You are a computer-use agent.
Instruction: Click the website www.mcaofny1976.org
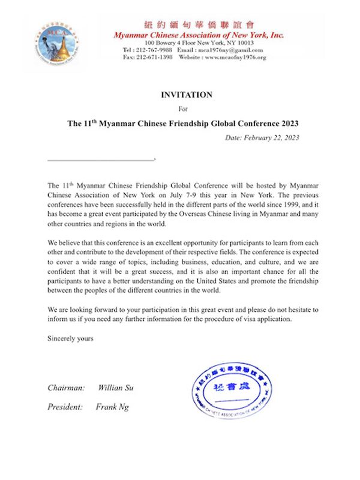(x=235, y=58)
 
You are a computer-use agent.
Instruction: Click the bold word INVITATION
(x=186, y=95)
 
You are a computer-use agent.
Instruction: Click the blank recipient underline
(x=101, y=160)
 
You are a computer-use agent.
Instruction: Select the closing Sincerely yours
(x=70, y=339)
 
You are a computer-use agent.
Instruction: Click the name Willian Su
(x=116, y=388)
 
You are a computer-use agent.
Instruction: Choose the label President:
(x=65, y=407)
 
